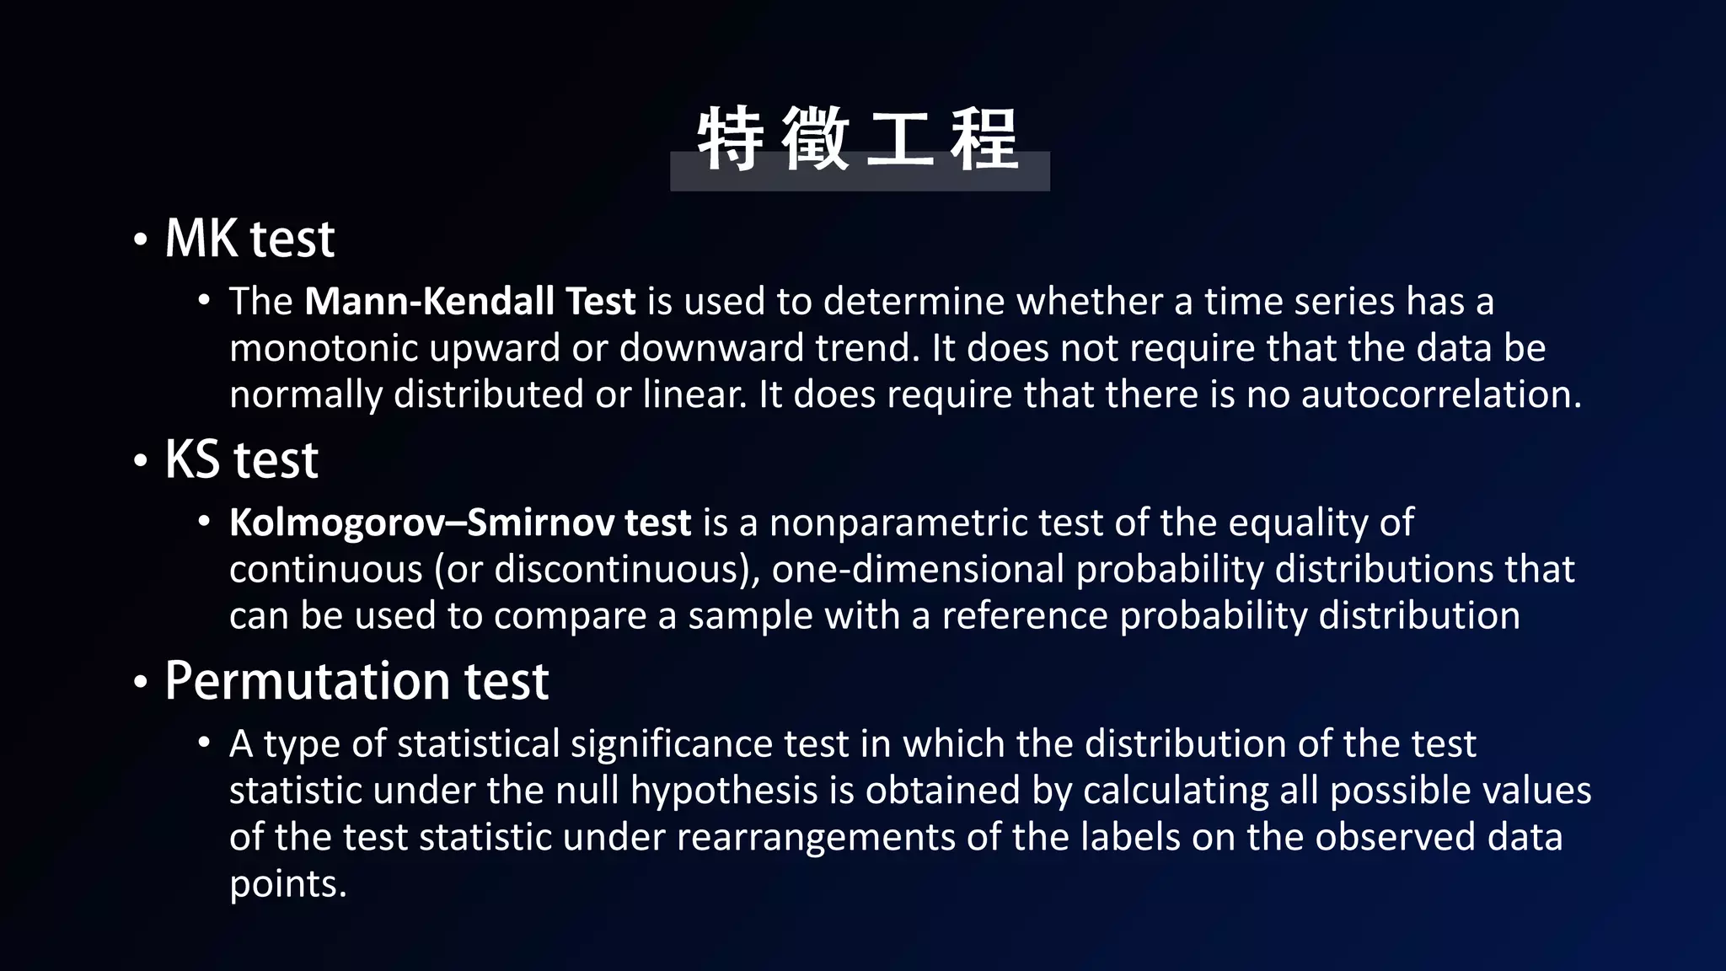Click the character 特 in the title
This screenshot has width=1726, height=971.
coord(730,139)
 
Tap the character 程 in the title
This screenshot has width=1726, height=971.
coord(984,139)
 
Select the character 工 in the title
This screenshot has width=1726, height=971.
coord(900,139)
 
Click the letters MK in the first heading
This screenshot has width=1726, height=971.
coord(201,239)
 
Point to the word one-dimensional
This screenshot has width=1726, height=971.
coord(918,570)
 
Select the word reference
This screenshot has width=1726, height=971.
coord(1024,616)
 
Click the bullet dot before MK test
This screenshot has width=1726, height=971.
coord(141,240)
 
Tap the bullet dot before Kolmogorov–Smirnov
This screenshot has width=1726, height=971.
coord(204,523)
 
